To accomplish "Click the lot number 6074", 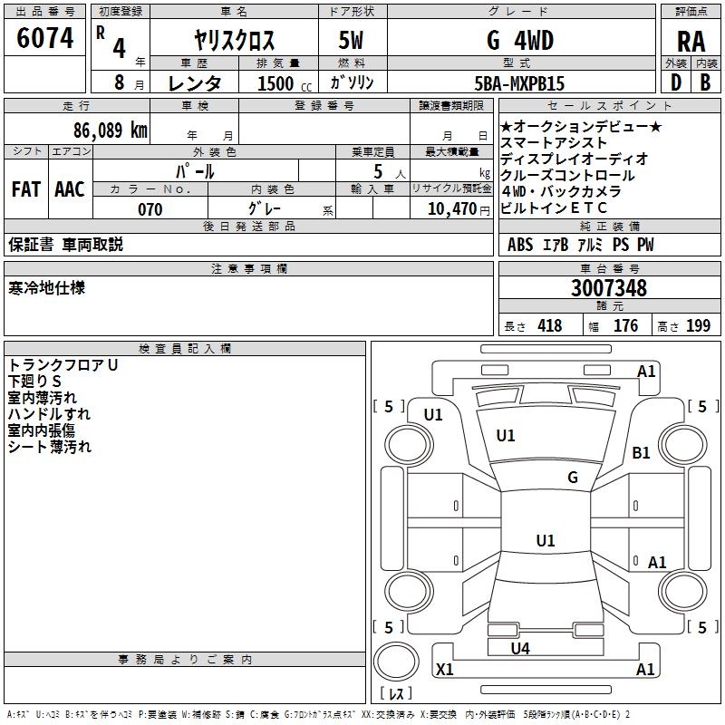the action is pyautogui.click(x=45, y=39).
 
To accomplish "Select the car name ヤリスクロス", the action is pyautogui.click(x=234, y=41).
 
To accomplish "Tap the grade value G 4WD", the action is pyautogui.click(x=520, y=41).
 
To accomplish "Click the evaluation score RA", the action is pyautogui.click(x=691, y=41).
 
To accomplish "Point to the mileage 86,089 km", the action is pyautogui.click(x=111, y=130).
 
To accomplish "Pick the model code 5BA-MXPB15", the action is pyautogui.click(x=519, y=83).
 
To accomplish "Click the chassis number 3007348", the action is pyautogui.click(x=609, y=288).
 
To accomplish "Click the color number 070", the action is pyautogui.click(x=150, y=209).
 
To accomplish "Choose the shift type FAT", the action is pyautogui.click(x=25, y=188).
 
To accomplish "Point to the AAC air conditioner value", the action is pyautogui.click(x=70, y=188).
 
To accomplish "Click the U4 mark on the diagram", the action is pyautogui.click(x=520, y=648).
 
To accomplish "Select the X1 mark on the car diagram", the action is pyautogui.click(x=445, y=670).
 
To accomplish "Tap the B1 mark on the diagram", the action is pyautogui.click(x=642, y=453).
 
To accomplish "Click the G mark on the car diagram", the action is pyautogui.click(x=573, y=477).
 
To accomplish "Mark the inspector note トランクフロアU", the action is pyautogui.click(x=63, y=364).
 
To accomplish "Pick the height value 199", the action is pyautogui.click(x=698, y=326).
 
